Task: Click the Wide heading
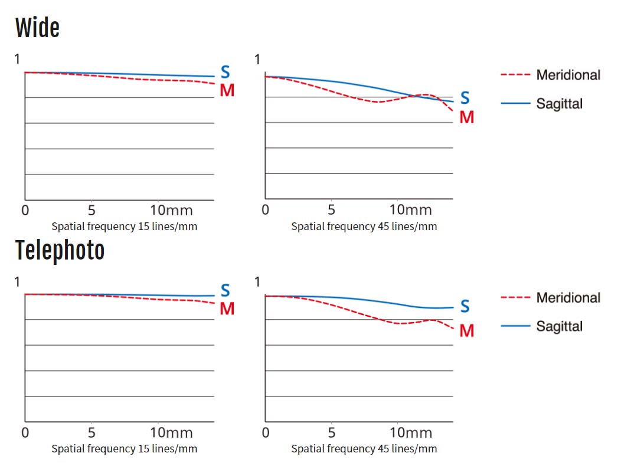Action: [x=37, y=28]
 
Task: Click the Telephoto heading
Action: [x=60, y=251]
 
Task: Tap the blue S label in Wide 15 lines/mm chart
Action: [x=225, y=72]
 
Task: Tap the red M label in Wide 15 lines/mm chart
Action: [x=227, y=90]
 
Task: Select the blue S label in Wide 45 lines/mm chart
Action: [x=465, y=99]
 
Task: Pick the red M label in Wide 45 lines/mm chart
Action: [x=466, y=117]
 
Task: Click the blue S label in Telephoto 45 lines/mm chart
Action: [x=465, y=306]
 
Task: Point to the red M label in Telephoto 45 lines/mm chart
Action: [x=466, y=331]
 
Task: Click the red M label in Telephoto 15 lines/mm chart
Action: [x=227, y=308]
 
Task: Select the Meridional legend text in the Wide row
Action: [x=568, y=75]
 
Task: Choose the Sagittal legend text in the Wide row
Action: [x=559, y=104]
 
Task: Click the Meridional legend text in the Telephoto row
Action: [x=568, y=298]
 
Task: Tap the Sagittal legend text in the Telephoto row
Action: [x=559, y=326]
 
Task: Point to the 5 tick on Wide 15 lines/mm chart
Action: [x=91, y=211]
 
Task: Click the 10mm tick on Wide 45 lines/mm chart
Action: [x=406, y=211]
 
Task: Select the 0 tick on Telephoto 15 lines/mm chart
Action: [x=25, y=433]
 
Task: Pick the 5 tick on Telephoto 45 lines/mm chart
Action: [x=331, y=433]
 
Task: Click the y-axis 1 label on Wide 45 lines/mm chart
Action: [x=257, y=59]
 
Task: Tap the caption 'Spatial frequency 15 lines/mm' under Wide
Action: [x=124, y=226]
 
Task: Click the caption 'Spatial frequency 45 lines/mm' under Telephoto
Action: [x=364, y=449]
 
